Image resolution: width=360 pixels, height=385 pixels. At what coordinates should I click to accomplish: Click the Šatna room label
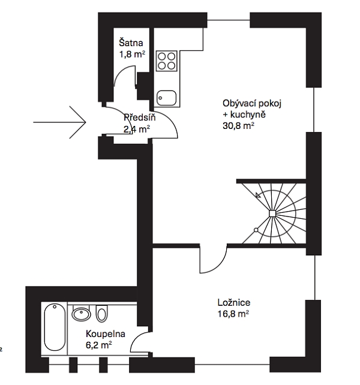131,43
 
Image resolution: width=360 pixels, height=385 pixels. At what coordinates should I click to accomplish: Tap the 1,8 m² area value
132,54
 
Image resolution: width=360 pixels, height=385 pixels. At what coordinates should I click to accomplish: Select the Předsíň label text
139,117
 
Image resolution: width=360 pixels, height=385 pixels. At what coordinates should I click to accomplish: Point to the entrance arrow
60,122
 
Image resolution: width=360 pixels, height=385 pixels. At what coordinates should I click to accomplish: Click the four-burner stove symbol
167,61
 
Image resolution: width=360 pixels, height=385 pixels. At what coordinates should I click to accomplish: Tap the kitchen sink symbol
167,98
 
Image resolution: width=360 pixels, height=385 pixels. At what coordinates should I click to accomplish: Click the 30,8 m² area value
238,126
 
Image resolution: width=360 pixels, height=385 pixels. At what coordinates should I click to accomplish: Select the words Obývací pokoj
252,103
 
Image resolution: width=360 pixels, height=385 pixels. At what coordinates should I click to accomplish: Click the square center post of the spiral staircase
272,213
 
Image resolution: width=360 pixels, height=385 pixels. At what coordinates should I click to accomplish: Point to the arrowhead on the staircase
258,195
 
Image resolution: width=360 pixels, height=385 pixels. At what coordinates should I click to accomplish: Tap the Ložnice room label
234,302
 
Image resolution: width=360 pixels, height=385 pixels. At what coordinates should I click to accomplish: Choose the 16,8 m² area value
233,314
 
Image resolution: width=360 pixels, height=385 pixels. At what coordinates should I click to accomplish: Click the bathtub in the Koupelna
55,327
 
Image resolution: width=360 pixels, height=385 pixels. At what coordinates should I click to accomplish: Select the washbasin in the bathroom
81,313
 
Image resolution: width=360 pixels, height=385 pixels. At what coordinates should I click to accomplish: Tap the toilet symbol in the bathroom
101,313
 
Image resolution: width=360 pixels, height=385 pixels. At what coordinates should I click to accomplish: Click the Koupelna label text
106,334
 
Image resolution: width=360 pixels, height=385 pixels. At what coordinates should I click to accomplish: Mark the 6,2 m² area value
99,345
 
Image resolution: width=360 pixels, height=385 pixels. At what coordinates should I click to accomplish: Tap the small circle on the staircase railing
256,230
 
